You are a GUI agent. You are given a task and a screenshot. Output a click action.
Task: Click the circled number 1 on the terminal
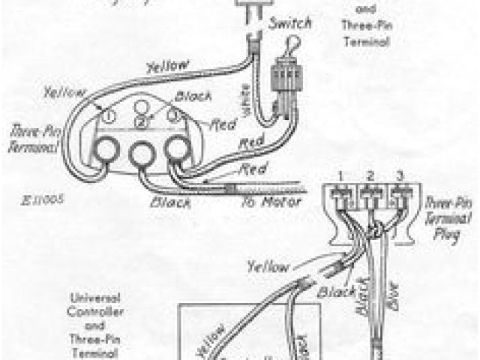tap(108, 117)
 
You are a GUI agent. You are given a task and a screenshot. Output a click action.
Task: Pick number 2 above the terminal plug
tap(369, 175)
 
